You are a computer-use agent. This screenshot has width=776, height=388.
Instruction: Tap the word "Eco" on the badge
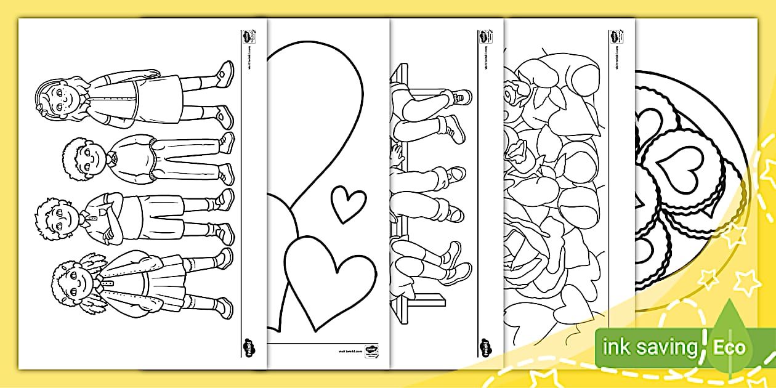(x=729, y=347)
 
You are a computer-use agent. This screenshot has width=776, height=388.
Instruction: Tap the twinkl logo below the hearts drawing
(x=371, y=354)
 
